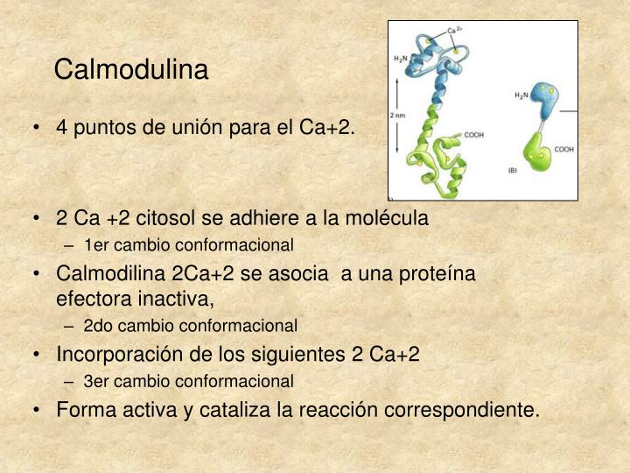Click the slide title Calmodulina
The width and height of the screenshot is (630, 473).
[131, 69]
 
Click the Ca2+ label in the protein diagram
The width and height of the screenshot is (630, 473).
[455, 31]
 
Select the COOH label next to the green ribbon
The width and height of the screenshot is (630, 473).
[473, 134]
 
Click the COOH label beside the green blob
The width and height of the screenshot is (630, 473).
[563, 149]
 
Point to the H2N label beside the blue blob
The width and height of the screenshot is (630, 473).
[521, 95]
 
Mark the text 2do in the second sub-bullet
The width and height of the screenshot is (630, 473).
[97, 326]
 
